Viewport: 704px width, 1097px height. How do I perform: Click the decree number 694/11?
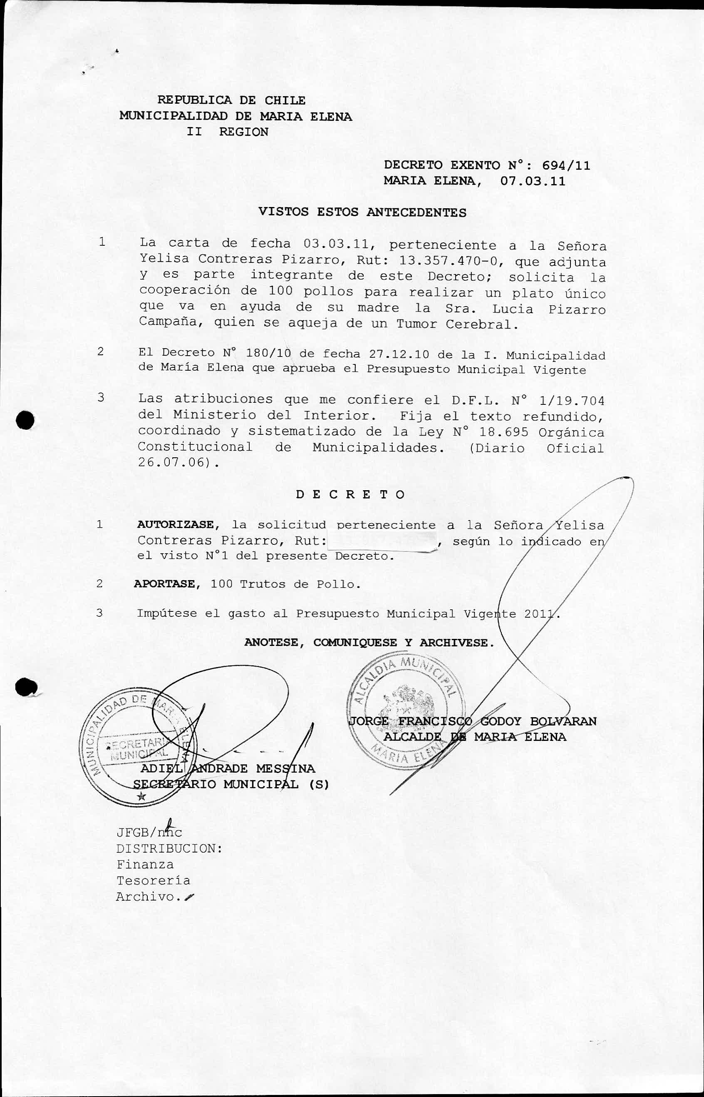[566, 165]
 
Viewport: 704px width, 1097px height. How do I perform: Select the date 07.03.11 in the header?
[533, 181]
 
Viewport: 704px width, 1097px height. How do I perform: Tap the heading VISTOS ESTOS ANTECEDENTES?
[362, 212]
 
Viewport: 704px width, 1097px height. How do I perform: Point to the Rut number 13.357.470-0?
[448, 261]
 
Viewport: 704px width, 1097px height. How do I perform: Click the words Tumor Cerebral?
[457, 324]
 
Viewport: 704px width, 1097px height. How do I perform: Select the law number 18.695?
[504, 432]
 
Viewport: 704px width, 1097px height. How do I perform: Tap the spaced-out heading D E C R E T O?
[350, 494]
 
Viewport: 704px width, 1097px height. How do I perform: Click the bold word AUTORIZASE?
[175, 525]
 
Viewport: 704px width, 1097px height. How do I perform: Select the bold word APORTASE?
[165, 584]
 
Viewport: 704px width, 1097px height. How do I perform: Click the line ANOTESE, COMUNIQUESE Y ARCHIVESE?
[369, 643]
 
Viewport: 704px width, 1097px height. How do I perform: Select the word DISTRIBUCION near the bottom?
[169, 849]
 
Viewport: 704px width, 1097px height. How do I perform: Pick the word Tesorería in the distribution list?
[153, 880]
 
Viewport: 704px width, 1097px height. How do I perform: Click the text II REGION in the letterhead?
[228, 132]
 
